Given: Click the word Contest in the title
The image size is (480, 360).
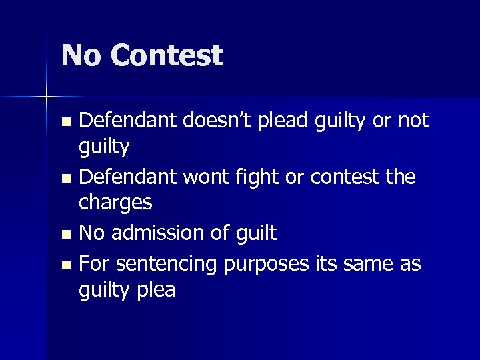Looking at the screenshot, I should [167, 55].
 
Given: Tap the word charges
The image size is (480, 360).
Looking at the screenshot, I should [116, 202].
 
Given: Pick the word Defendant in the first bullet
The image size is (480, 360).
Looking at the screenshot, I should [126, 120].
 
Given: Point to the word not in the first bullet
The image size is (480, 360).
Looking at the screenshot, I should [413, 121].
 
